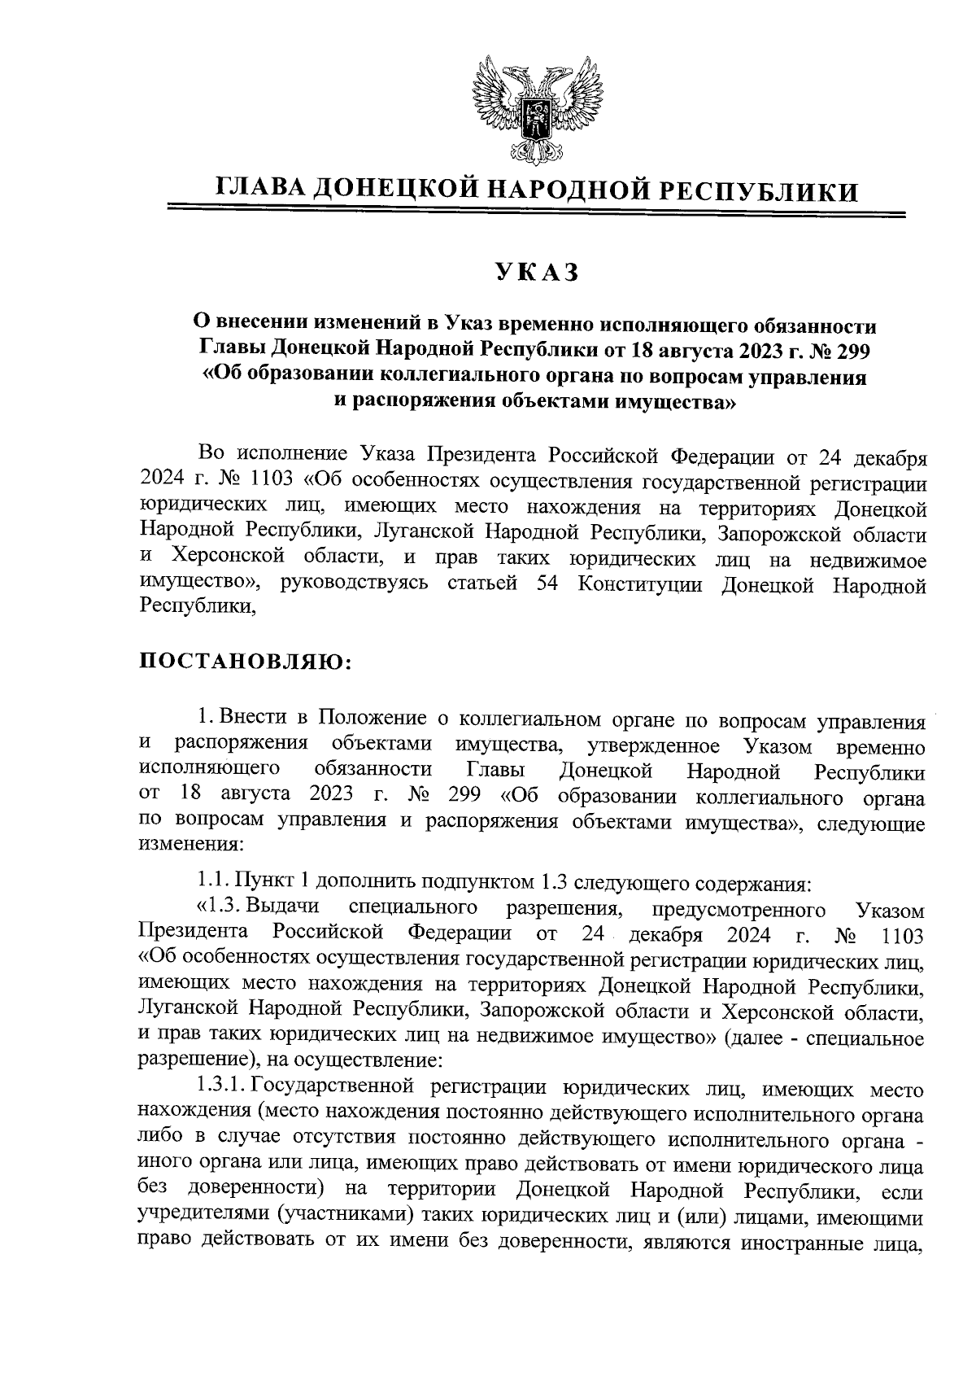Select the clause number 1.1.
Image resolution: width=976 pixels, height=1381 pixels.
[x=213, y=881]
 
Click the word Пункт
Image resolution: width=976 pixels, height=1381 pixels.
[x=262, y=881]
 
